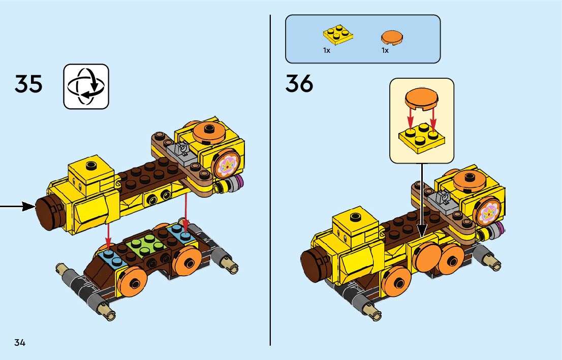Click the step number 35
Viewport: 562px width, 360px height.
(x=28, y=84)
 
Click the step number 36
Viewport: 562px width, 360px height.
(x=299, y=84)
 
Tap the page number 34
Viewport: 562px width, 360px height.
(x=20, y=342)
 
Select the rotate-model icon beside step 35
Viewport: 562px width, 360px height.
(x=86, y=86)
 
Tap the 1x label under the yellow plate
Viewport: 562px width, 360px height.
(x=327, y=51)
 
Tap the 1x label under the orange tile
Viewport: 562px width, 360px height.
(x=385, y=51)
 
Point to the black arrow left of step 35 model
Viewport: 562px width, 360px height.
(x=18, y=206)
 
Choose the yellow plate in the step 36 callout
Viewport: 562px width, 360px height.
(x=420, y=137)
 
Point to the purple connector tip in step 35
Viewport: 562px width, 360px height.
(x=239, y=182)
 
